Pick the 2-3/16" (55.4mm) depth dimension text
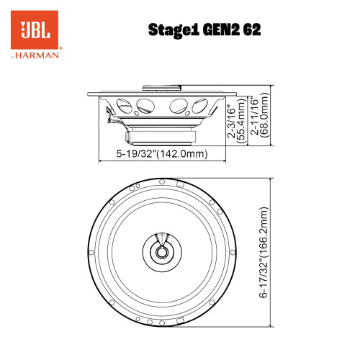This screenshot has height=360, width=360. (x=235, y=119)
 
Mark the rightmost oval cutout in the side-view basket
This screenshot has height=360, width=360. (x=199, y=106)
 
